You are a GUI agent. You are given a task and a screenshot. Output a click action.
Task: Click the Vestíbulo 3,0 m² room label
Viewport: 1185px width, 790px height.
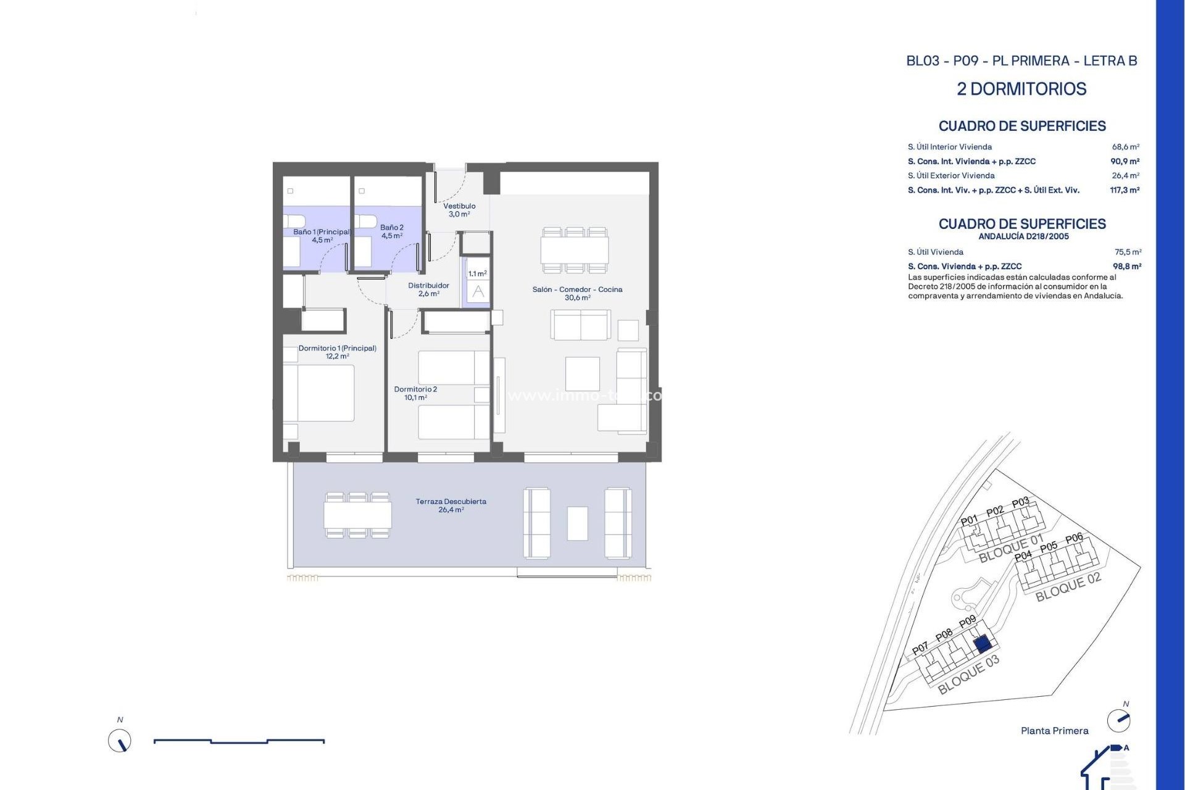click(459, 210)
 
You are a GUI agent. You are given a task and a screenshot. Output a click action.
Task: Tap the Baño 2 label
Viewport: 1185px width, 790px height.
click(392, 231)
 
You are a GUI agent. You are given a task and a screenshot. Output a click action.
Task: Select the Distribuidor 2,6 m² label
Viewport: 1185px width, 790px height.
click(428, 289)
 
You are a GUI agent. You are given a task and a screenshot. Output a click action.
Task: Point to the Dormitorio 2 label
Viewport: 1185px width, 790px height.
click(415, 393)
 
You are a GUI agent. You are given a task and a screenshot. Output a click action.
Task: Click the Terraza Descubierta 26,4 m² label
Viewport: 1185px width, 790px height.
click(451, 505)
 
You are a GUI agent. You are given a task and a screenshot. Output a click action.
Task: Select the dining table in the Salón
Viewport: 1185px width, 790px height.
click(574, 250)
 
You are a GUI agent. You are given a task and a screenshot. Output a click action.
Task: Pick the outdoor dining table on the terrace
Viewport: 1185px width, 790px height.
click(357, 515)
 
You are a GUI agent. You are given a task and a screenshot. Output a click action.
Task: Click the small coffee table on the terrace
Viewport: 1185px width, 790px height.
click(577, 523)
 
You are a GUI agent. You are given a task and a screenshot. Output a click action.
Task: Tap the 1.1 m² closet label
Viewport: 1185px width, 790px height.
click(477, 273)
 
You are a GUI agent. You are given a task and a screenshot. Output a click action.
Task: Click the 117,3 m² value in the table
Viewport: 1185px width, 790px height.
click(1124, 190)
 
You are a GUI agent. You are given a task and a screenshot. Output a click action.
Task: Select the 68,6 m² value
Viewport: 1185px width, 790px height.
click(1125, 147)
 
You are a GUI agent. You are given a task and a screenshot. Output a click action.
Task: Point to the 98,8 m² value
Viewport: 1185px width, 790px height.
click(1126, 267)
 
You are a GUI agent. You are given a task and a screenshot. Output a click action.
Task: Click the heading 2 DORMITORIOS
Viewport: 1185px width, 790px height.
click(1021, 89)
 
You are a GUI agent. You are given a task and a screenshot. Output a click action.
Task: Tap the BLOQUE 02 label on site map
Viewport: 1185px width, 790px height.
click(1068, 587)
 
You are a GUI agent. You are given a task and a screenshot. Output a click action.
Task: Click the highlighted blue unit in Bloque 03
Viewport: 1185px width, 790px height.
click(983, 645)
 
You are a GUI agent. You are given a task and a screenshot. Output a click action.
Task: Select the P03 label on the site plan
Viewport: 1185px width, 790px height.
click(1020, 502)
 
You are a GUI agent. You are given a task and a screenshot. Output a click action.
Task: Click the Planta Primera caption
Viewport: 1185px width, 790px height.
click(1054, 731)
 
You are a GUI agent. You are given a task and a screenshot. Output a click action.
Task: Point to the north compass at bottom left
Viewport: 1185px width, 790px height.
click(120, 741)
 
